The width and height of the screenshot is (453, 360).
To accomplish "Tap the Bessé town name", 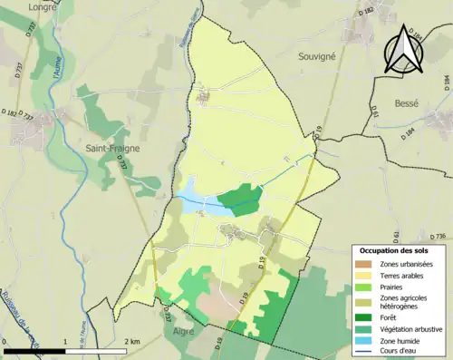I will coord(407,103).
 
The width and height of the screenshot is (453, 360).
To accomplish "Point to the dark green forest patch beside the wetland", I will coord(240,199).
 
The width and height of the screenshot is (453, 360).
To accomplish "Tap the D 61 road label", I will coord(374,112).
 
